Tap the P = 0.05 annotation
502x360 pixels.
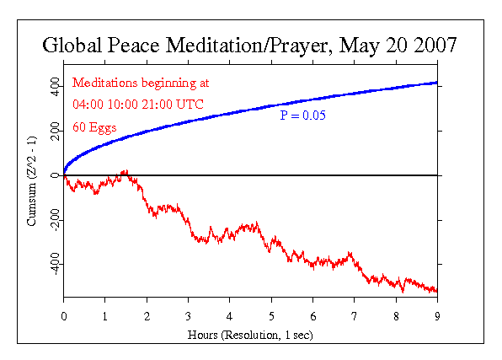(x=302, y=115)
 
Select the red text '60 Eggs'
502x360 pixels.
(x=94, y=127)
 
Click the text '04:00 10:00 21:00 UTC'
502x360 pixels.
(x=138, y=105)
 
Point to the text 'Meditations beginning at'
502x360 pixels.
(x=141, y=83)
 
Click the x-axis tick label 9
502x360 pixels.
(x=436, y=316)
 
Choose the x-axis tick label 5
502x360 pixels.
(x=271, y=316)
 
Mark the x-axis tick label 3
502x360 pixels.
(x=188, y=316)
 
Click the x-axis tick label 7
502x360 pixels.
(x=354, y=316)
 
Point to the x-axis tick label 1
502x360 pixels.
(x=105, y=316)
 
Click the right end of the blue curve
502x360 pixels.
(x=435, y=83)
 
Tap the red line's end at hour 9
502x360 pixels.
(x=435, y=291)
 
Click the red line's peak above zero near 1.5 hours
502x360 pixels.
(x=125, y=170)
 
